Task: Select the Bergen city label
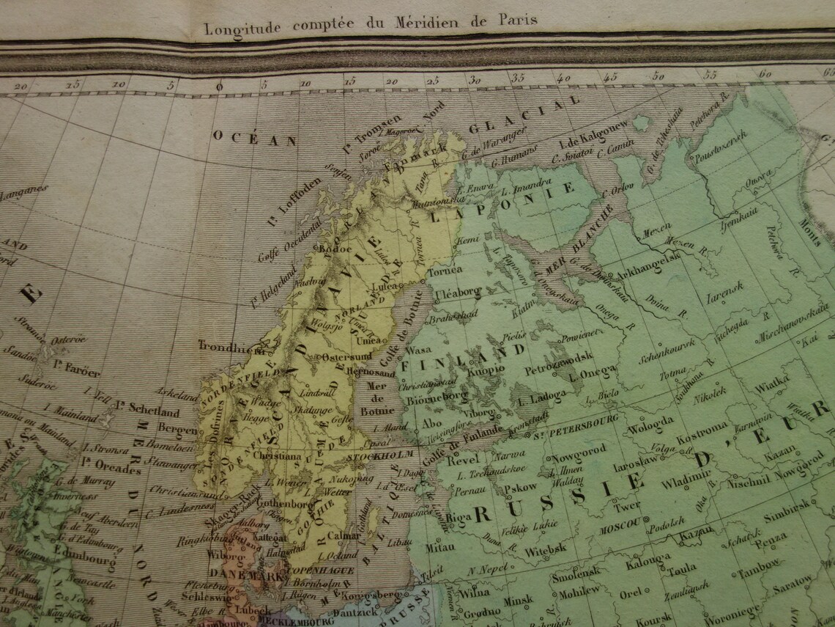(177, 430)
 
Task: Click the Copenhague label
(327, 571)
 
